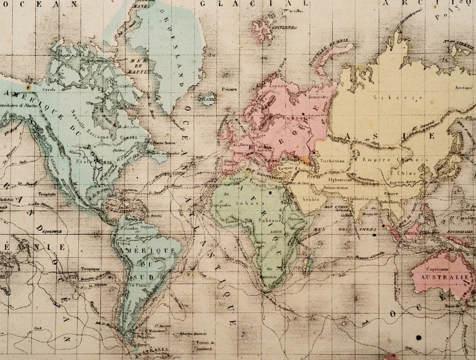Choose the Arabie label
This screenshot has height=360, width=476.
311,199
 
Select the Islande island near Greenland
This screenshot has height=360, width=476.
206,99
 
